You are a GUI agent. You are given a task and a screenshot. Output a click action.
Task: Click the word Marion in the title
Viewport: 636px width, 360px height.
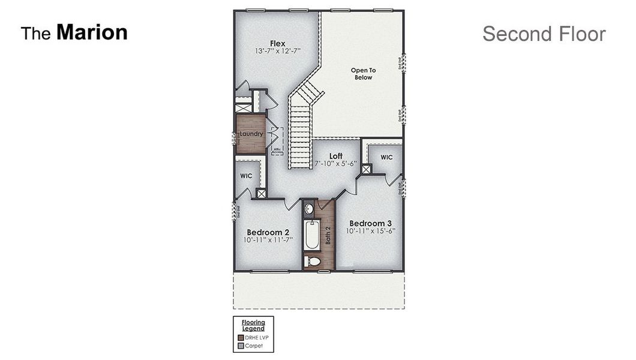tap(92, 32)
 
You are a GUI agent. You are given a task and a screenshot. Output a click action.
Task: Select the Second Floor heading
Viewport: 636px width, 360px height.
tap(544, 34)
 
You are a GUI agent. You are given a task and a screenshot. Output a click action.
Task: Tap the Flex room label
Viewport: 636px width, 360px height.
tap(277, 43)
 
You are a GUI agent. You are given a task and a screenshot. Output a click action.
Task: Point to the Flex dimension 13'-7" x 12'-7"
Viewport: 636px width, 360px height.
tap(277, 51)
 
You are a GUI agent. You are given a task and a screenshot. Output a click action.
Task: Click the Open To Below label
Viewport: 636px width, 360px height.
tap(363, 74)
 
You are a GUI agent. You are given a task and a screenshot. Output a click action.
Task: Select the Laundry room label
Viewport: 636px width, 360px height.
tap(251, 134)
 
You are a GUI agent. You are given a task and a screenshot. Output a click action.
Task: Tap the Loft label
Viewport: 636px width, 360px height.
tap(335, 156)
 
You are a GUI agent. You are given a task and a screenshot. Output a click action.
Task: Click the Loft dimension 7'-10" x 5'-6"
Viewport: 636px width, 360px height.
tap(335, 163)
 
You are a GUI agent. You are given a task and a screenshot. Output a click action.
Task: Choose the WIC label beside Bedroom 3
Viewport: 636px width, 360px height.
tap(386, 157)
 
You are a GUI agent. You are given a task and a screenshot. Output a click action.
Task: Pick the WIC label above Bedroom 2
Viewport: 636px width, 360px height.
tap(246, 176)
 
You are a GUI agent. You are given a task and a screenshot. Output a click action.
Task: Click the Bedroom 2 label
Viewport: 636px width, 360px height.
tap(268, 232)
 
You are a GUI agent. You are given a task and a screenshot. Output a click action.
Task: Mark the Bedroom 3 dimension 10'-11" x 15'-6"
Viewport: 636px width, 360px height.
tap(371, 230)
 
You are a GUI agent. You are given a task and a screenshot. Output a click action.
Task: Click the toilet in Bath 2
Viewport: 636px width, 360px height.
tap(313, 262)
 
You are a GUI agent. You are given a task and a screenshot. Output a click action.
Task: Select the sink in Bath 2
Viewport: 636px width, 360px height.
tap(308, 209)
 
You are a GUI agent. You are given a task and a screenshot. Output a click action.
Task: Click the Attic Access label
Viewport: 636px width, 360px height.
tap(277, 151)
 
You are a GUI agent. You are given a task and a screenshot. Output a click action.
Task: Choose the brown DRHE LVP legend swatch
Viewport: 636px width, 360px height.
tap(241, 338)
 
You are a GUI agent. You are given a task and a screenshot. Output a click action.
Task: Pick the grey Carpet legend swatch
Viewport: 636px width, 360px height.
tap(241, 346)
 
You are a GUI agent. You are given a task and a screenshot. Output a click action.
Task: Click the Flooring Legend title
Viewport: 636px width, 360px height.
tap(253, 325)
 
